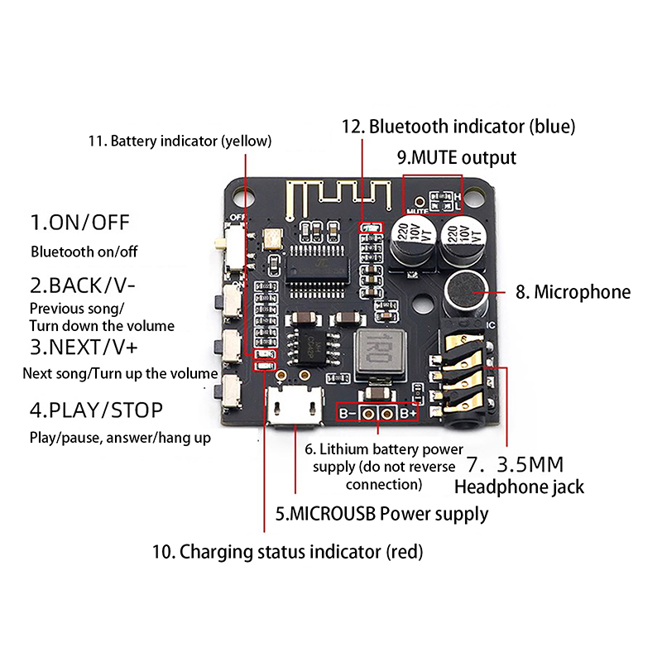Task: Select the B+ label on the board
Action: click(x=408, y=413)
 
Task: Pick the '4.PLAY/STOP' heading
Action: click(x=97, y=410)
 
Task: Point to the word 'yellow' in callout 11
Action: click(x=245, y=141)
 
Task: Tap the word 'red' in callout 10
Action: click(x=404, y=551)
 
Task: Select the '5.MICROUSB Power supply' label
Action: click(x=381, y=513)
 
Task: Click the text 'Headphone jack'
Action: click(x=519, y=486)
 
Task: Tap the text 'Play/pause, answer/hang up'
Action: click(x=120, y=437)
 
